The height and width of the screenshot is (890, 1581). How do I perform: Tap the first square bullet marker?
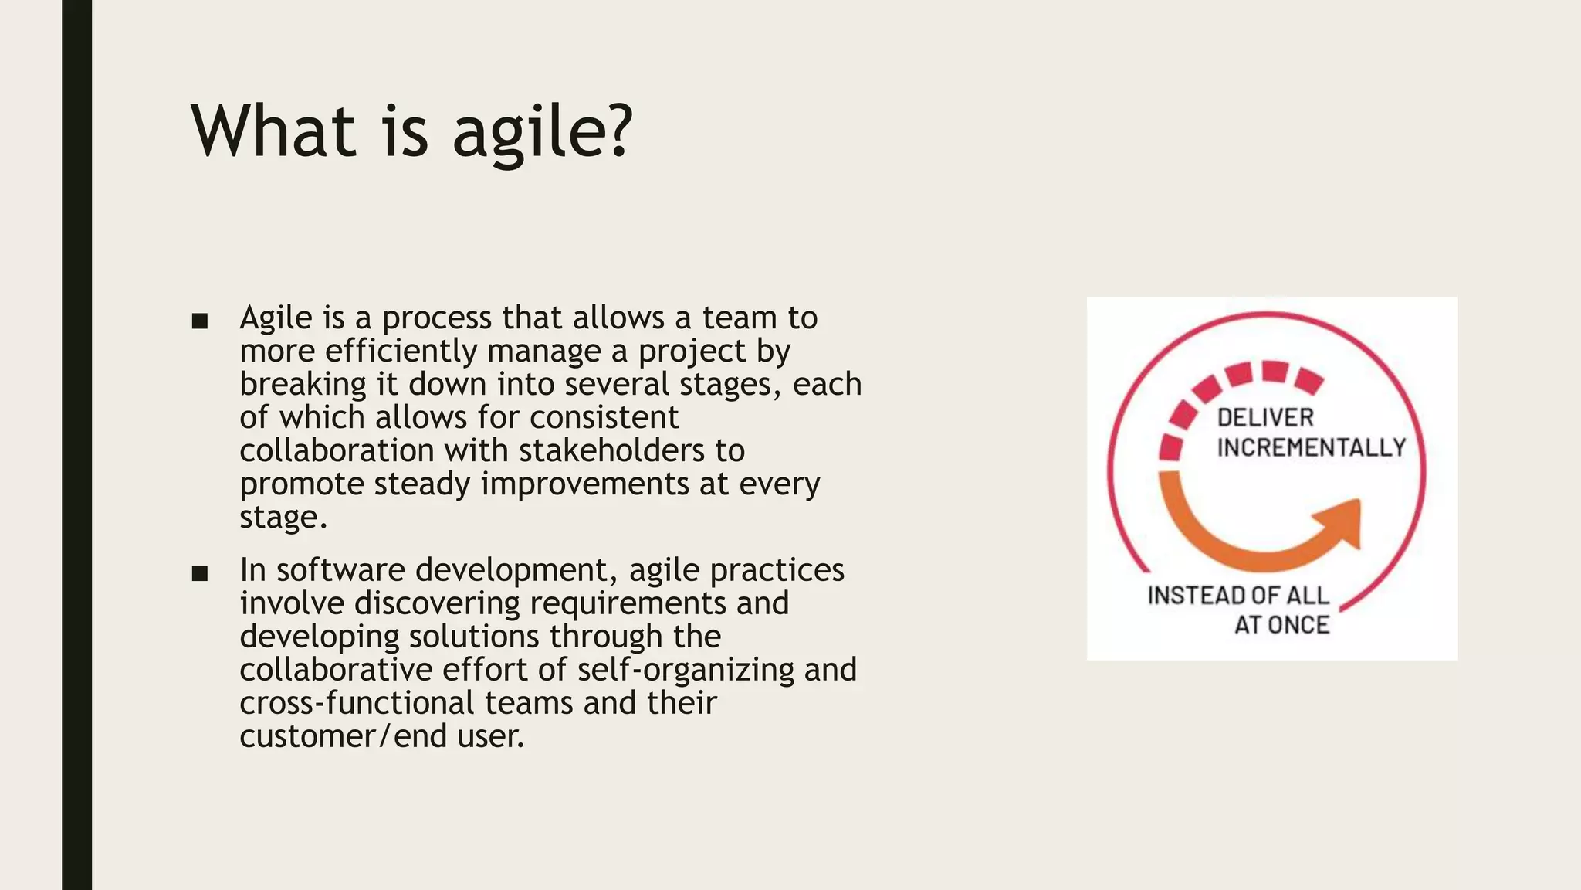200,321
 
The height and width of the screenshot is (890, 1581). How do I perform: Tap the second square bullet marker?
200,573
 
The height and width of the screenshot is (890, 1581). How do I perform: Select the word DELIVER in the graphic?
1265,418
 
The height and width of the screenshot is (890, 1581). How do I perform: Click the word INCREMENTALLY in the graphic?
1311,447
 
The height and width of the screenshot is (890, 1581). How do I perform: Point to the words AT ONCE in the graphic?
1281,624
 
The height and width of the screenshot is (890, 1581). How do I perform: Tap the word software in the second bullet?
340,570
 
